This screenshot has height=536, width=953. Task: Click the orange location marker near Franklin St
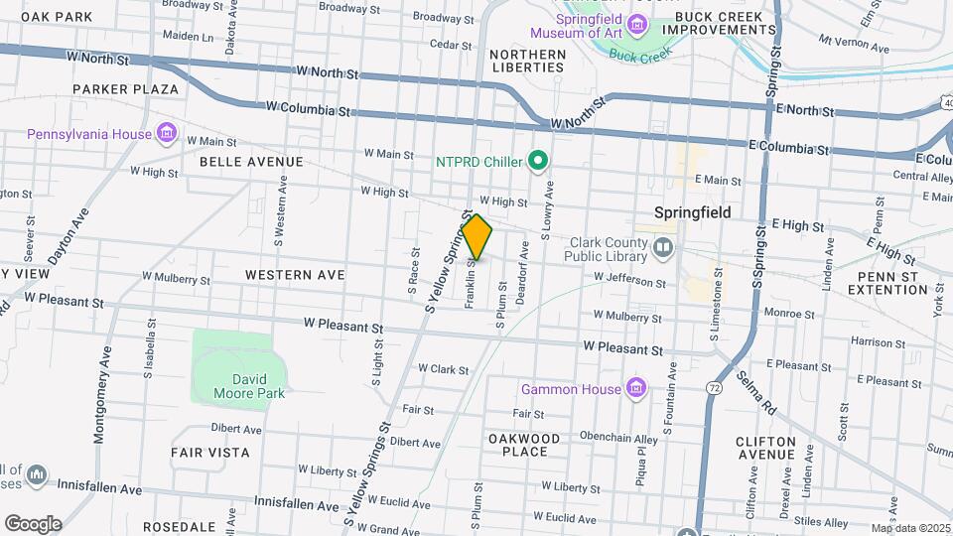click(x=476, y=238)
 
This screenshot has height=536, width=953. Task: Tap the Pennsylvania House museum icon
click(x=167, y=134)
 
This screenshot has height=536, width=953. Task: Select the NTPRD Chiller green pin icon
click(x=538, y=160)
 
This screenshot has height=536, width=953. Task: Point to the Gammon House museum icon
click(x=636, y=388)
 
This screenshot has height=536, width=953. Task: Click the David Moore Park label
click(x=249, y=385)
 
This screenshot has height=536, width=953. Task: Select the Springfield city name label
click(x=693, y=212)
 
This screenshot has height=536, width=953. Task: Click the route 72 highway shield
click(x=715, y=389)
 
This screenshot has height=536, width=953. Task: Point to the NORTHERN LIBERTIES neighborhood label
click(x=527, y=61)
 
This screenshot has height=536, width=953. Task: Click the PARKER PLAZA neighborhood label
click(x=125, y=89)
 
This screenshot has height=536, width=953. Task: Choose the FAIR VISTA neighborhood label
click(x=209, y=452)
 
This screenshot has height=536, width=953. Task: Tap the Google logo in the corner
click(x=33, y=523)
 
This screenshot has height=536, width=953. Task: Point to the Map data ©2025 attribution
click(x=909, y=528)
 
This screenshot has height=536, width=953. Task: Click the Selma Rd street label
click(x=756, y=391)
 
